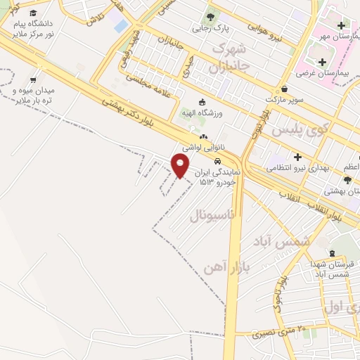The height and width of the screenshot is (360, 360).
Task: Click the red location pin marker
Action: [x=180, y=165]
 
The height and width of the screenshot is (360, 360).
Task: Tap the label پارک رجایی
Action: [x=210, y=30]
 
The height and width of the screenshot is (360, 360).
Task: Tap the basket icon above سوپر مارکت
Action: [x=285, y=89]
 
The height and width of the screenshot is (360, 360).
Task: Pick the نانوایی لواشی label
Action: [x=203, y=148]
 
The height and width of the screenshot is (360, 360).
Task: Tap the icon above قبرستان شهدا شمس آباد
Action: [x=333, y=253]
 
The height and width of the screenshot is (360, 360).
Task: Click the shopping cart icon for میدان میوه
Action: [x=32, y=80]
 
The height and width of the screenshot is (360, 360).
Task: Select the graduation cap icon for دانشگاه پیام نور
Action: [x=33, y=13]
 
